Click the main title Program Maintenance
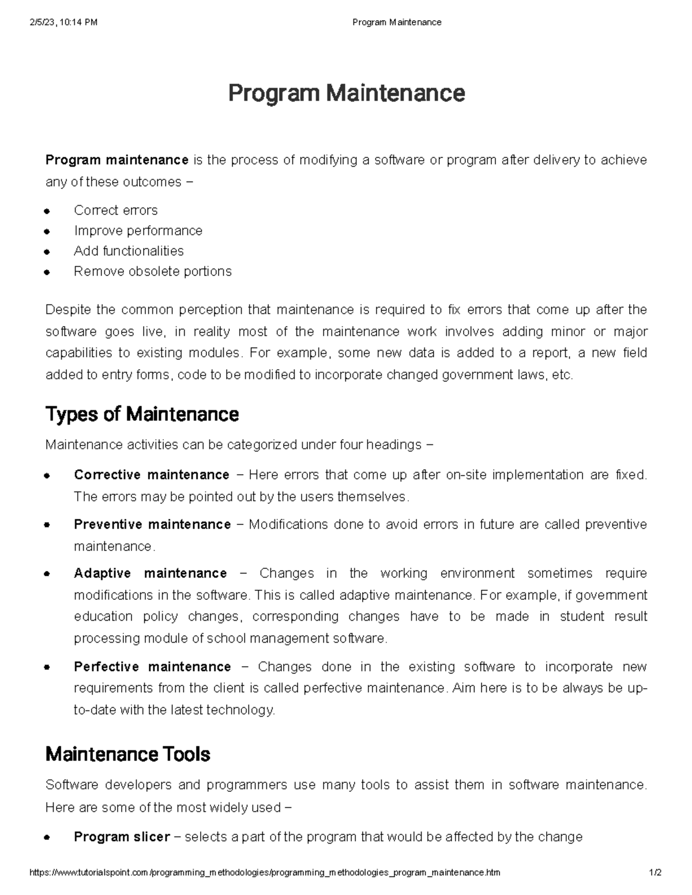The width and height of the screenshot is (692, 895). tap(346, 93)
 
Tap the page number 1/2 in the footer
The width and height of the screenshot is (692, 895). tap(655, 873)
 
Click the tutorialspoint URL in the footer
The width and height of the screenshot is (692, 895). tap(265, 873)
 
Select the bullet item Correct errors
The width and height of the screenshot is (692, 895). tap(115, 210)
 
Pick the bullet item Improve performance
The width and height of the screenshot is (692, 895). tap(138, 231)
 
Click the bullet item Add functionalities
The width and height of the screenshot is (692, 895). tap(129, 251)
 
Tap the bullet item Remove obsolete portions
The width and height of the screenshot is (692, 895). tap(152, 271)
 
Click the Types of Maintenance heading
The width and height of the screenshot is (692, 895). tap(142, 414)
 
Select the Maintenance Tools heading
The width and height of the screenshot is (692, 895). tap(127, 754)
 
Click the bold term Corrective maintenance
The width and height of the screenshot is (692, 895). tap(152, 475)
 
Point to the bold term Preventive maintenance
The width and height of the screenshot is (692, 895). tap(152, 524)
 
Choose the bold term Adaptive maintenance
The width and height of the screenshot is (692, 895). tap(150, 573)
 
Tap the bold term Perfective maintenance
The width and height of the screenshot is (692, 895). tap(152, 667)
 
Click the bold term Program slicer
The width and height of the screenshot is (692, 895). tap(122, 837)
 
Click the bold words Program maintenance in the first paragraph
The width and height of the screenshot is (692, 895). tap(117, 160)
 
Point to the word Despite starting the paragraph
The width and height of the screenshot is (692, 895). tap(68, 310)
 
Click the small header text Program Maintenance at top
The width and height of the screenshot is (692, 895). tap(397, 22)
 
